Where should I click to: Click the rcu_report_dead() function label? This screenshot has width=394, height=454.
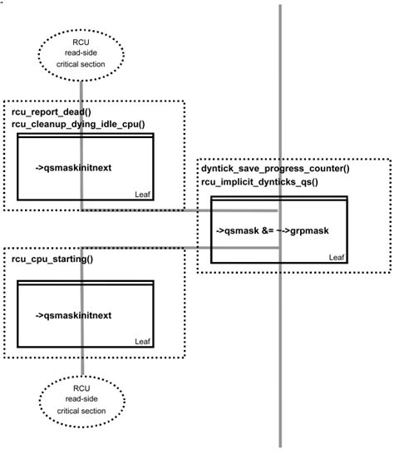(49, 111)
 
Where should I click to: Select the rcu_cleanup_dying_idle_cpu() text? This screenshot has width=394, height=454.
(78, 124)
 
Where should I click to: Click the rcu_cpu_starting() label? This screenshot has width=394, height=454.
(52, 259)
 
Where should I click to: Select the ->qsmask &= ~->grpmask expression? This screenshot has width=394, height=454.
(270, 229)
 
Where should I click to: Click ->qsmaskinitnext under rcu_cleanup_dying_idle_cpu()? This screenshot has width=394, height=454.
(74, 167)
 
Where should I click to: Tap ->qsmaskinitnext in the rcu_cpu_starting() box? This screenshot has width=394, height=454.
(74, 315)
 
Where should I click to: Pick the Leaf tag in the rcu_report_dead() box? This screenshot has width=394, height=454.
(143, 194)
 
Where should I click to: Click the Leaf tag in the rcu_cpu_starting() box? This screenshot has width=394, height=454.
(143, 341)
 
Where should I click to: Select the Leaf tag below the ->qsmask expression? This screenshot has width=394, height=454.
(336, 257)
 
